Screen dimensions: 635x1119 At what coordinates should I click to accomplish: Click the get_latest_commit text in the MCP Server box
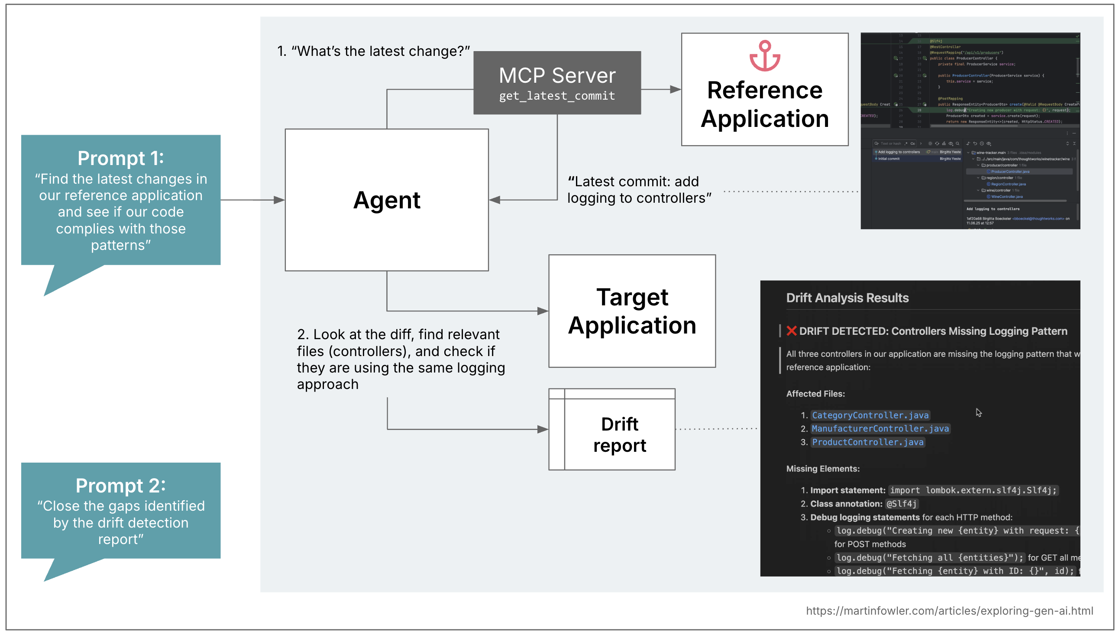[556, 96]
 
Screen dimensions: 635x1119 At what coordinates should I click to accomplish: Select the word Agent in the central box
[386, 200]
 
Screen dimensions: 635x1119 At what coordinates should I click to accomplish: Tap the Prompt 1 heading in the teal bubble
[120, 158]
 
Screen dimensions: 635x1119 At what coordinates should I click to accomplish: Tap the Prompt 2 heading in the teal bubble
[120, 486]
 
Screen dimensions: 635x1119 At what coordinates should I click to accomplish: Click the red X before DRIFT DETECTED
[791, 331]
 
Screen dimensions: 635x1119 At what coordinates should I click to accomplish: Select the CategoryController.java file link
[870, 415]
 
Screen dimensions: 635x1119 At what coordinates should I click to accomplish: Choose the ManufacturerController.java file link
[880, 429]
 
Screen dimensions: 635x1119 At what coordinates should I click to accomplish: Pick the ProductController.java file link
[867, 442]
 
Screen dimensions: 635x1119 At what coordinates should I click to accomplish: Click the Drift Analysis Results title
[847, 298]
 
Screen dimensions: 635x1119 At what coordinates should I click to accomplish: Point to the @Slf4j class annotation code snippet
[901, 504]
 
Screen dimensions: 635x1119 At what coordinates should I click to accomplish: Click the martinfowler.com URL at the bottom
[949, 611]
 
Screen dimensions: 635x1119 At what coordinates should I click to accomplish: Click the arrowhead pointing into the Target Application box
[543, 311]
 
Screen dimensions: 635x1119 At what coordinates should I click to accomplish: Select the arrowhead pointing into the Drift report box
[543, 430]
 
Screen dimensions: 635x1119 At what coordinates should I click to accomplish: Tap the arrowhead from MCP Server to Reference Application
[675, 89]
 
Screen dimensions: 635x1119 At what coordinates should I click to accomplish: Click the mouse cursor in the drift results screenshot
[979, 412]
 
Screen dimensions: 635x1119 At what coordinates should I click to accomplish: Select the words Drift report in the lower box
[619, 435]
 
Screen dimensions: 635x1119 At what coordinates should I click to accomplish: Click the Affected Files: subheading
[815, 394]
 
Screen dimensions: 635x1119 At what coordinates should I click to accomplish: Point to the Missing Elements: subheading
[822, 469]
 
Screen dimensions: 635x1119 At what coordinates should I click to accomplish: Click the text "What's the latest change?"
[380, 51]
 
